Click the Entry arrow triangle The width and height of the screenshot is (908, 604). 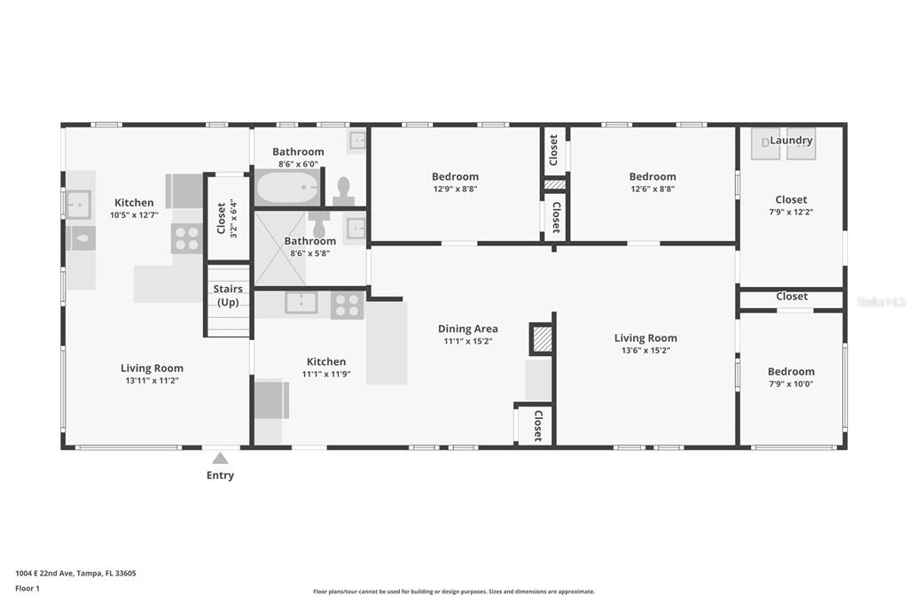[x=220, y=458]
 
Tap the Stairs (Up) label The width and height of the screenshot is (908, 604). [x=228, y=295]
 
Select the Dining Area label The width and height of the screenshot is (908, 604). [x=468, y=329]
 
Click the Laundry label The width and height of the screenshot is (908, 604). [x=791, y=140]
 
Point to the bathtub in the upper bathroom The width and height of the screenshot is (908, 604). [x=287, y=187]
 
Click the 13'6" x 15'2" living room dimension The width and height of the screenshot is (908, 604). [x=646, y=351]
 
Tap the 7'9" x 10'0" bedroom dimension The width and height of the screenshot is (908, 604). [x=791, y=384]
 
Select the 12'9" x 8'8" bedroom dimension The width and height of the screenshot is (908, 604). [x=455, y=190]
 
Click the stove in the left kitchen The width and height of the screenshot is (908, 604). [x=186, y=238]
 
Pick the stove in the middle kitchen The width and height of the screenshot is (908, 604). [x=347, y=305]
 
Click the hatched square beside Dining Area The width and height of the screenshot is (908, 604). [x=542, y=339]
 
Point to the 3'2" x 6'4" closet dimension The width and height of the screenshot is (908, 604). [x=234, y=218]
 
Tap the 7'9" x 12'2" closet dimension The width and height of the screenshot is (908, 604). [x=791, y=213]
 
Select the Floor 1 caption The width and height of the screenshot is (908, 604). [x=27, y=588]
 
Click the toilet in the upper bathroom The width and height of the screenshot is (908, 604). [x=344, y=192]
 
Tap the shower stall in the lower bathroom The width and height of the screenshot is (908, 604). [x=280, y=249]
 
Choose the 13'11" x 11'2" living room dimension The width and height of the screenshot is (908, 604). [x=152, y=381]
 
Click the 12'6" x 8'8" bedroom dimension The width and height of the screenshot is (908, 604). [x=653, y=190]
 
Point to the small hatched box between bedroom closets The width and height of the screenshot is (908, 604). [x=555, y=184]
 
